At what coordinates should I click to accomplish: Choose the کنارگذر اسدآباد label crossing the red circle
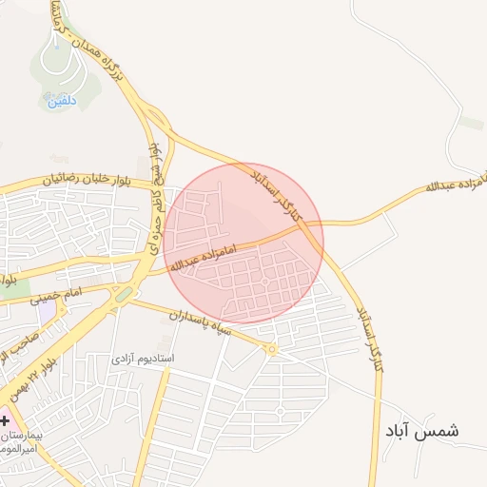281,195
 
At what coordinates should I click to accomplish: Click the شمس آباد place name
421,431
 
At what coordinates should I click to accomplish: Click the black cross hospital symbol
5,419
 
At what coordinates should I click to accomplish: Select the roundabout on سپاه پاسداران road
271,350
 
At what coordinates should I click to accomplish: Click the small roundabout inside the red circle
268,284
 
